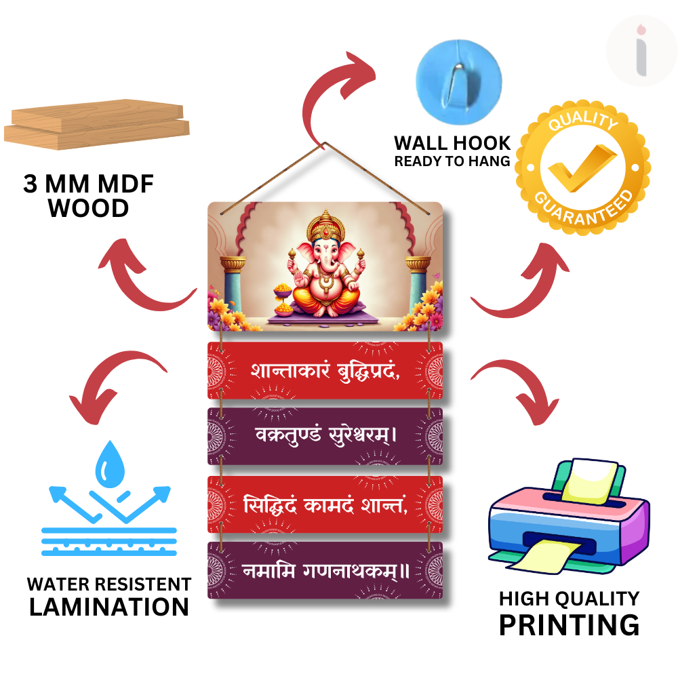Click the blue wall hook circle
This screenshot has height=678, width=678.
pyautogui.click(x=459, y=82)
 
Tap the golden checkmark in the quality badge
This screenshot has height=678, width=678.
pyautogui.click(x=582, y=167)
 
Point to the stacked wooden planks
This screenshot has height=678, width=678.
pyautogui.click(x=97, y=125)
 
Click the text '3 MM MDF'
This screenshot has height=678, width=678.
pyautogui.click(x=89, y=184)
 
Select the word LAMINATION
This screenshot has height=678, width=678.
pyautogui.click(x=109, y=607)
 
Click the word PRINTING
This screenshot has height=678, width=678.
pyautogui.click(x=569, y=625)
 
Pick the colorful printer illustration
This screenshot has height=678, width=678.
pyautogui.click(x=569, y=516)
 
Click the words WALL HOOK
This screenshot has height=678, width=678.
pyautogui.click(x=452, y=143)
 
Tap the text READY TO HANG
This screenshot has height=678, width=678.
pyautogui.click(x=452, y=161)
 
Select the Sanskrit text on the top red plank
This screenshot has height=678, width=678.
pyautogui.click(x=325, y=371)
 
